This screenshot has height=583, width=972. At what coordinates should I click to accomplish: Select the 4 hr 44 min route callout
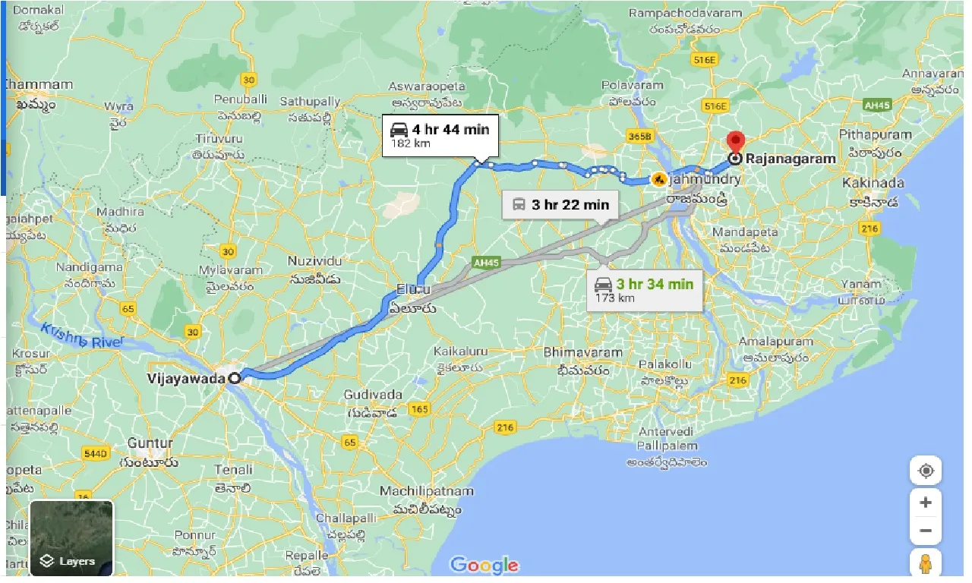coord(440,135)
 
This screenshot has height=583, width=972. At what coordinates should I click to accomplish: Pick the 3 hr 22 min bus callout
coord(561,204)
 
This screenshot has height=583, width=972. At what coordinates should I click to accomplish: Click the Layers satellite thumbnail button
coord(71,537)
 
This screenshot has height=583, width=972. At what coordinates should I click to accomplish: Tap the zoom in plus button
coord(926,503)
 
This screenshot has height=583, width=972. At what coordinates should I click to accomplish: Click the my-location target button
coord(926,471)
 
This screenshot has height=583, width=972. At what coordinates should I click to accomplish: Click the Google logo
coord(484,565)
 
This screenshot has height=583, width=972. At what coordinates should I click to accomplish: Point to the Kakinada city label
coord(873,183)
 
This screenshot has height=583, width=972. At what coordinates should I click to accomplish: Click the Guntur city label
coord(150,443)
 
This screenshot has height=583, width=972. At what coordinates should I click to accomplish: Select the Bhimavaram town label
coord(582,352)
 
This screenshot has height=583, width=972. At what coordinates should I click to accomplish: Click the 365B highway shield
coord(640,137)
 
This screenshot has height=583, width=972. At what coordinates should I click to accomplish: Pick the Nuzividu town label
coord(314,261)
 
